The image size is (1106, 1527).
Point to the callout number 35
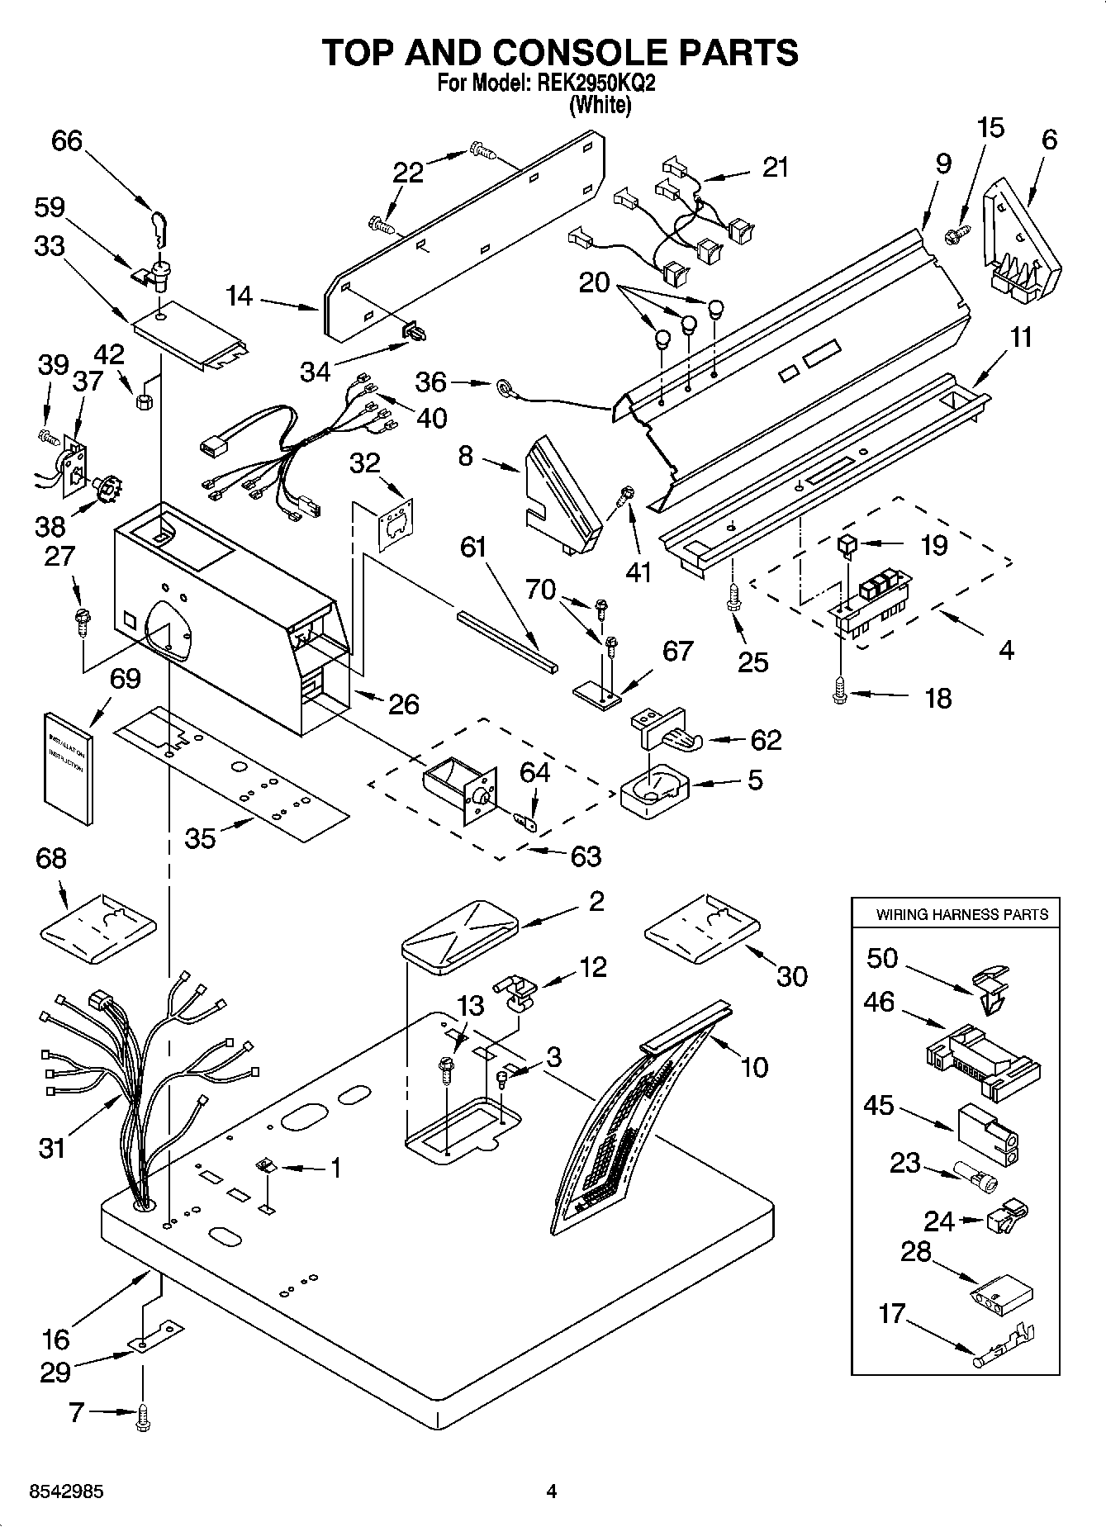200,837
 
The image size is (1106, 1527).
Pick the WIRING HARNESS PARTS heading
962,914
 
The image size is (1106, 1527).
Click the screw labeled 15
956,236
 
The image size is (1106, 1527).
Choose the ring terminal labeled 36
504,385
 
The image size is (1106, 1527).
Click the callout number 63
586,856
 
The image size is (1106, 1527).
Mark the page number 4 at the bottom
553,1491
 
